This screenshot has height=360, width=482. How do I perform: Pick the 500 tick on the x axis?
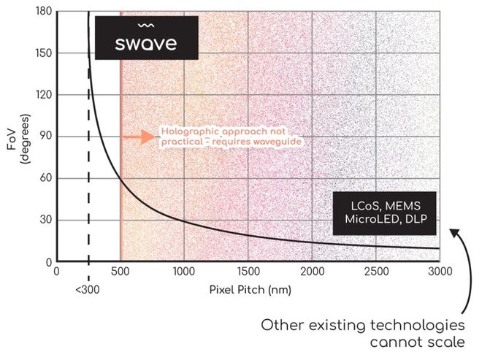tap(120, 270)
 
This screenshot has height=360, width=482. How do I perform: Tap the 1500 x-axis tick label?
tap(248, 270)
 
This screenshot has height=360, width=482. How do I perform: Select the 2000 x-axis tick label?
tap(313, 270)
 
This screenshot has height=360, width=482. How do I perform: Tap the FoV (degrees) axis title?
tap(17, 137)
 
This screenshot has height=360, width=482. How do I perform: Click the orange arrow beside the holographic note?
tap(134, 137)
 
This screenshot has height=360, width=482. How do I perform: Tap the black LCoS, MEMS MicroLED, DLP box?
tap(384, 213)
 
